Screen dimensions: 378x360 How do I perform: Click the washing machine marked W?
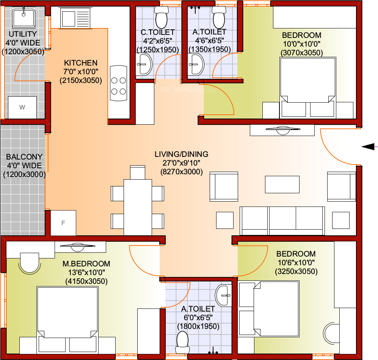pos(22,108)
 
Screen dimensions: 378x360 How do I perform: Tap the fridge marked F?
pos(63,223)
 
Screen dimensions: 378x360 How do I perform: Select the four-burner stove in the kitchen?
pos(118,83)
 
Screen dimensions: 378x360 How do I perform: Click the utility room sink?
pos(24,18)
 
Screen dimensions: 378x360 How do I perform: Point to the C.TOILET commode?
pos(161,17)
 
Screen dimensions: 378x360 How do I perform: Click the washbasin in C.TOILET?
pos(144,64)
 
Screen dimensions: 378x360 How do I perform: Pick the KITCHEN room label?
pos(81,63)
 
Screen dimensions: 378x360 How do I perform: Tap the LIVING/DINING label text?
pos(181,154)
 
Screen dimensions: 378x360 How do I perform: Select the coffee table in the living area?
pos(282,184)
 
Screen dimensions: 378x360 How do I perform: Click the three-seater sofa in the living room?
pos(282,221)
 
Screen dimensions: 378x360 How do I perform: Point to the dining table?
pos(138,207)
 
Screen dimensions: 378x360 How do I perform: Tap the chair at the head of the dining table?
pos(137,172)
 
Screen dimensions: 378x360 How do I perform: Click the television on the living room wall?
pos(283,130)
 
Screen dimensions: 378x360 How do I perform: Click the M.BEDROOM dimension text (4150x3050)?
pos(86,282)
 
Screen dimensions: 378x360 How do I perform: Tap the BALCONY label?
pos(24,157)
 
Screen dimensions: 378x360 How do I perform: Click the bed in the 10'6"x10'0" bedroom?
pos(276,309)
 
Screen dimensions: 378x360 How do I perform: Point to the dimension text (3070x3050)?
pos(301,53)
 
